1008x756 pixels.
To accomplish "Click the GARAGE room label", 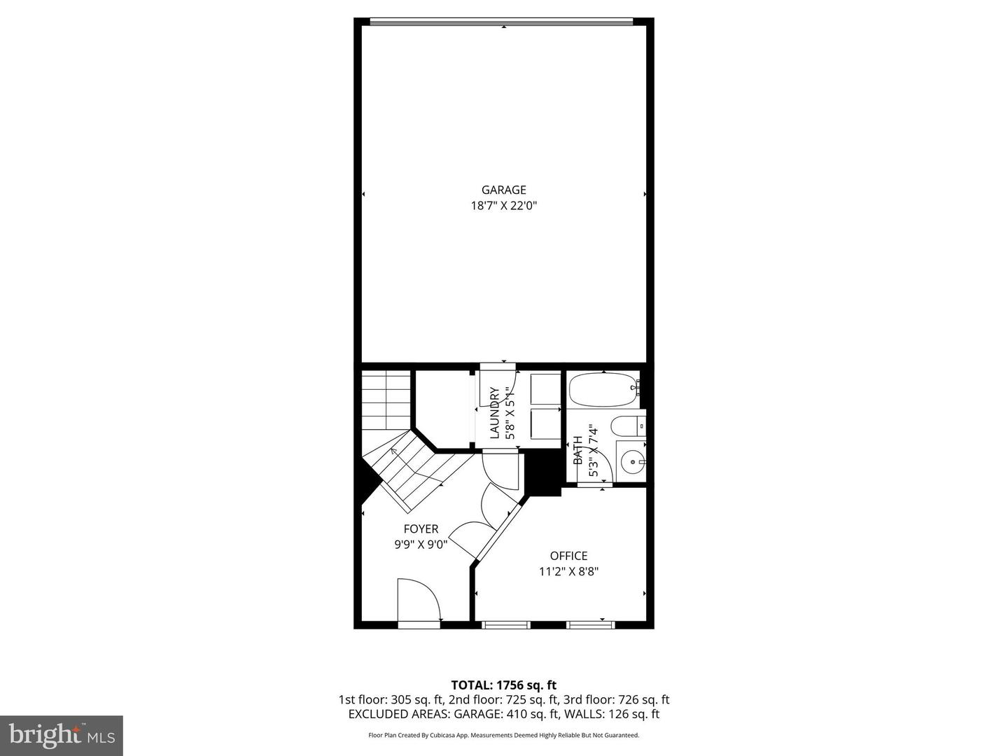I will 503,190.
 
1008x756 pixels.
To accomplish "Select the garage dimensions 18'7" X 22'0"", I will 503,206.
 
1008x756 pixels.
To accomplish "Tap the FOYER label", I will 421,529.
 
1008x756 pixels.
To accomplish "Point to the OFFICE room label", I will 568,556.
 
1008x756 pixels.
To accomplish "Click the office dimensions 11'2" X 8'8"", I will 568,571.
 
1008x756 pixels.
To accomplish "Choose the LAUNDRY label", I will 495,413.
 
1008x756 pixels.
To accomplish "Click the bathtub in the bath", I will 602,391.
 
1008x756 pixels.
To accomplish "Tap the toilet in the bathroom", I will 626,426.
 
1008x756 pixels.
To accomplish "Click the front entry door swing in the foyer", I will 418,601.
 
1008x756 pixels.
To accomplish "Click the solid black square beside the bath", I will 543,473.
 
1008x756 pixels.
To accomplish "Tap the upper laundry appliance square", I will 545,389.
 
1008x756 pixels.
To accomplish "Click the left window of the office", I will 507,624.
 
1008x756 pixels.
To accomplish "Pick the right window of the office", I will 590,624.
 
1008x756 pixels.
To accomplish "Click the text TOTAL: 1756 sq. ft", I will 503,685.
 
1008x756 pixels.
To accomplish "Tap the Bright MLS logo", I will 62,735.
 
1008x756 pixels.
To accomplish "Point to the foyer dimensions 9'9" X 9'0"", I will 421,545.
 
